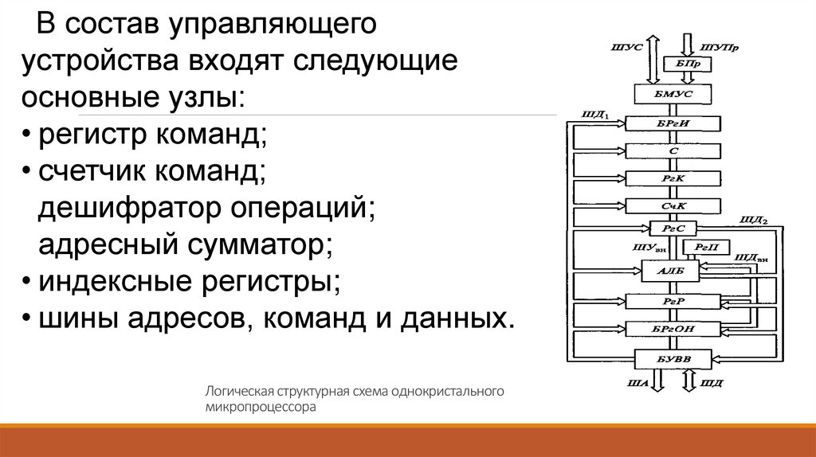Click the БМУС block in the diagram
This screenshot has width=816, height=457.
673,95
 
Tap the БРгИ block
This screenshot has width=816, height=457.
673,123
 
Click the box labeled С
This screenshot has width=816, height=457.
673,150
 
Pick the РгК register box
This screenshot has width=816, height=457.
673,177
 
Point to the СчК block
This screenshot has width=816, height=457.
673,205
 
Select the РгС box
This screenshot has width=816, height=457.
673,228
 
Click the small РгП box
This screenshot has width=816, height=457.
706,248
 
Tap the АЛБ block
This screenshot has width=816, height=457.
667,271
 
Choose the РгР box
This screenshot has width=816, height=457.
673,301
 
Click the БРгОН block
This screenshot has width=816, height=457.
673,328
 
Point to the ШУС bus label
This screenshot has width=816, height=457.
622,48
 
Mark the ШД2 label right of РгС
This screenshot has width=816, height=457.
753,219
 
